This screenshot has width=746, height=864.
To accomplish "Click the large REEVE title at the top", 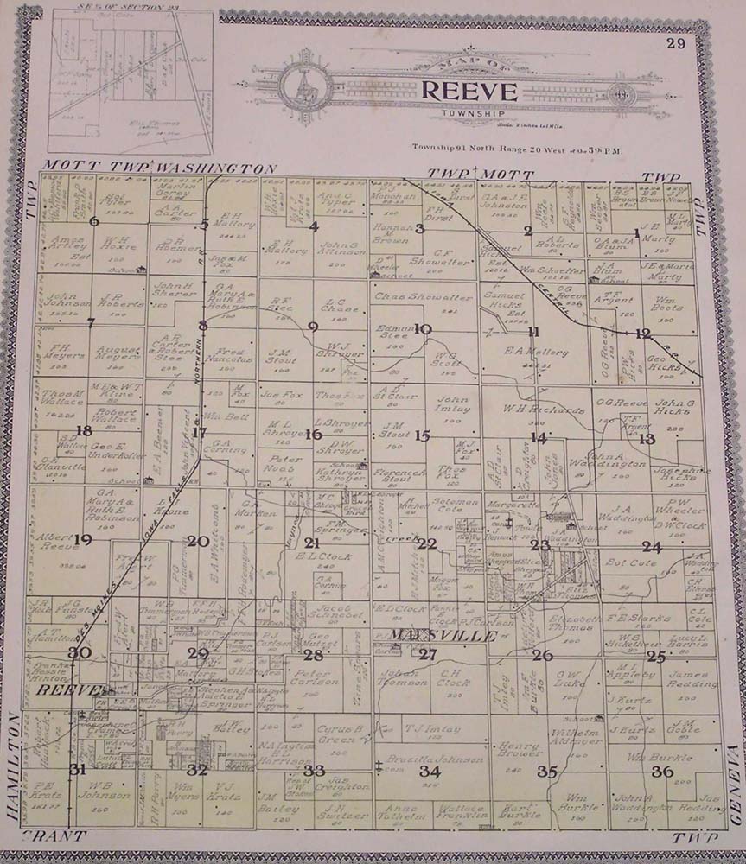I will [x=469, y=91].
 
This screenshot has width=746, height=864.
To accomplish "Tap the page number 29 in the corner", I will [x=675, y=44].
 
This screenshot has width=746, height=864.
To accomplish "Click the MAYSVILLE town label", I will [x=430, y=636].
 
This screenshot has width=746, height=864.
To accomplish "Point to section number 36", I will [x=663, y=771].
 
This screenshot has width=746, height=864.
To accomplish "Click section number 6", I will [x=93, y=221].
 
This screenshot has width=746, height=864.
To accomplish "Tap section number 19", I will [x=82, y=540].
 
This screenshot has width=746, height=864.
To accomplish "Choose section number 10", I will [x=423, y=328].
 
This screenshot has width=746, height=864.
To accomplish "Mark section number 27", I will [x=427, y=654].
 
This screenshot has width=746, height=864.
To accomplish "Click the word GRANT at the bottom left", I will [x=54, y=836].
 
